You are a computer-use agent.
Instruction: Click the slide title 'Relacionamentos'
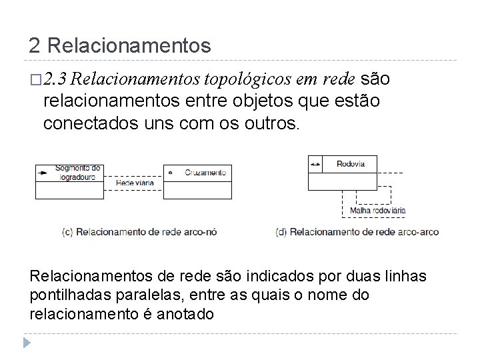129,46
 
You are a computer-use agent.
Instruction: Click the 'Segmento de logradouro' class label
77,172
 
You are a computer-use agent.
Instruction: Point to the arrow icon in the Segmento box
43,173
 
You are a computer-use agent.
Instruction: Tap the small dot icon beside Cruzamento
170,173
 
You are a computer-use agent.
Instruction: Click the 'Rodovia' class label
351,163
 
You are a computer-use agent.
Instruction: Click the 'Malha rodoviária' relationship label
377,211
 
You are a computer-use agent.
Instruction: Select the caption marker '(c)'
67,233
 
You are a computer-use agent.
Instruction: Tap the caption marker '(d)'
281,233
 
